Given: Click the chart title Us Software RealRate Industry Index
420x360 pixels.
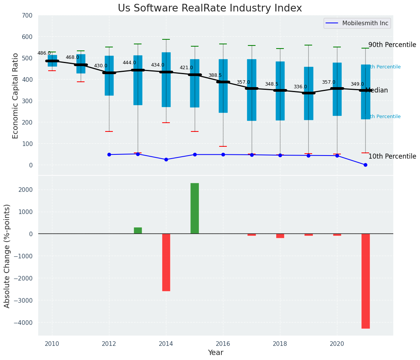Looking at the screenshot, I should point(210,8).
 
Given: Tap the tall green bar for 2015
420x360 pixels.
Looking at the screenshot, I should point(195,208).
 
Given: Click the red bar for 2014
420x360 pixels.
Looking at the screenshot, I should point(166,262).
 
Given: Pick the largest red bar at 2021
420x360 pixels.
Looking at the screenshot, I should point(365,281).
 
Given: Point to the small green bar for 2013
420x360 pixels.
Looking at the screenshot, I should point(138,230).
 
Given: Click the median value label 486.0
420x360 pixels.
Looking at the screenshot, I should point(44,53).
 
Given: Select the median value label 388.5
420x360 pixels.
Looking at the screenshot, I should point(215,75).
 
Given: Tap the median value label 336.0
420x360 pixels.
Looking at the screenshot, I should point(300,87).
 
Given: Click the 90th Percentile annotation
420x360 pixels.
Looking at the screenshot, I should point(392,45).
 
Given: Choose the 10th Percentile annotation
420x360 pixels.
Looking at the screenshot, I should point(392,156).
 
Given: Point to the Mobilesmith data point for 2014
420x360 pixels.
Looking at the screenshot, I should point(166,159).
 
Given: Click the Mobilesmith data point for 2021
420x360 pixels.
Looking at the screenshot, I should point(365,165).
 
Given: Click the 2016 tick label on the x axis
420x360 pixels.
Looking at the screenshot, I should point(223,344).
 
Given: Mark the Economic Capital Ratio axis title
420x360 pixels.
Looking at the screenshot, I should point(16,96).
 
